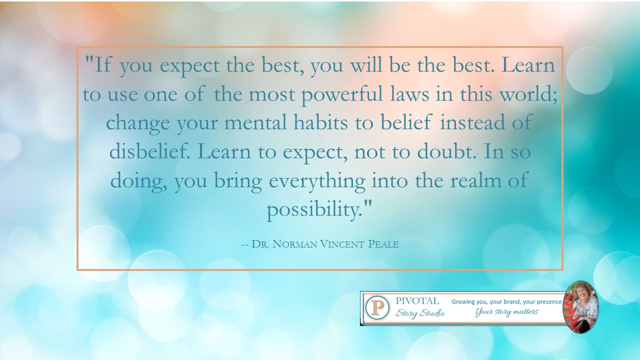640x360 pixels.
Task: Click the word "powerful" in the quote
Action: pos(342,95)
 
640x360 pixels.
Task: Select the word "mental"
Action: pos(255,122)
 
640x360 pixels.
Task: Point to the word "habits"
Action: pos(320,122)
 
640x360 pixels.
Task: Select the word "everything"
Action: pos(317,181)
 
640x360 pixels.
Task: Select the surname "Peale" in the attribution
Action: pos(383,244)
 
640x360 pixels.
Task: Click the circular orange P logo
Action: pos(377,307)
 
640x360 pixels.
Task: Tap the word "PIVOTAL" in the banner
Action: pos(417,301)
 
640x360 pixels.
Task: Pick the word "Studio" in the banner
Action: pos(432,313)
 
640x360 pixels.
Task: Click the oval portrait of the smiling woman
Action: pos(580,307)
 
